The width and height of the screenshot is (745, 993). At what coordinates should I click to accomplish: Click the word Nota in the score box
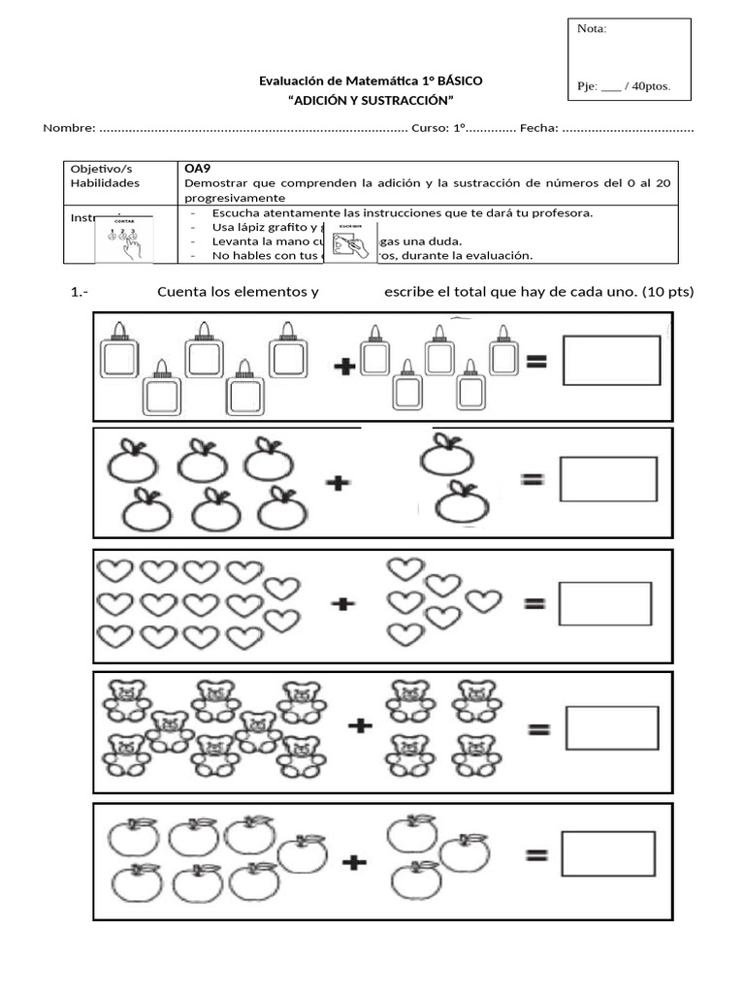592,29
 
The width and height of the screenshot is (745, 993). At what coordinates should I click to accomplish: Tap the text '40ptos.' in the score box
656,86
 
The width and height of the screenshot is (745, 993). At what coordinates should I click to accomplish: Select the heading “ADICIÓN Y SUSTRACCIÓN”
371,101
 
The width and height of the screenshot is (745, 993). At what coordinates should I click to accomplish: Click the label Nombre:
69,128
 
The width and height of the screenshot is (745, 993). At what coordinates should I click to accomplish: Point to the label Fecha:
538,128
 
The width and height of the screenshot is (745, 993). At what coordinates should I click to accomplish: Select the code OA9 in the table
198,167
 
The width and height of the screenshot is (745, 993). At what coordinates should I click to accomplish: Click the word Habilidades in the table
105,182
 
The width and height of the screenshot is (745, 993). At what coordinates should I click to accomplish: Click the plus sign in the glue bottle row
343,366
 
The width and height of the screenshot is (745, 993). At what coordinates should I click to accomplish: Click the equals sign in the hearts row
534,603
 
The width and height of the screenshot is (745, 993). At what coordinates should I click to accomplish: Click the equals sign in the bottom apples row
536,855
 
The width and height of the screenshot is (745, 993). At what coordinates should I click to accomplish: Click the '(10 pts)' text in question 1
667,291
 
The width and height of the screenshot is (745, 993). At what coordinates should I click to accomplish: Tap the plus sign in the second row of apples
337,482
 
